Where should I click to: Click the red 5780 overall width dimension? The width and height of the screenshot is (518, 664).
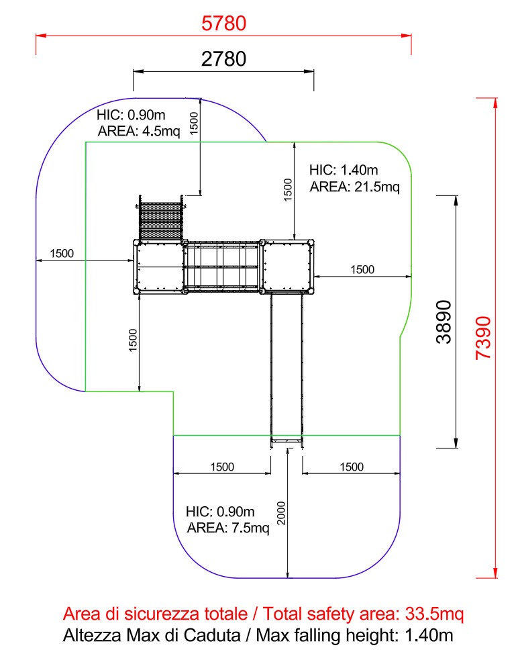[224, 23]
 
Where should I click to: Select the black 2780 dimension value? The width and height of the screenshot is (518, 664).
[224, 59]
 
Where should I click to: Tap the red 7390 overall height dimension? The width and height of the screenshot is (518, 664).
[484, 338]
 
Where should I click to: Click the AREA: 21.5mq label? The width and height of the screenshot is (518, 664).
[354, 186]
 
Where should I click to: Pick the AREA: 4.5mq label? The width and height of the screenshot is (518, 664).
[139, 131]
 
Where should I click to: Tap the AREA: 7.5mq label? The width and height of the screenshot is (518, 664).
[228, 528]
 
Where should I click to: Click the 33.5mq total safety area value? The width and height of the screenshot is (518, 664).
[432, 614]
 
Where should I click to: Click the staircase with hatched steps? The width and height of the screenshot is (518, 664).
[160, 220]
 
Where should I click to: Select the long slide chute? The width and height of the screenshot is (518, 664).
[287, 366]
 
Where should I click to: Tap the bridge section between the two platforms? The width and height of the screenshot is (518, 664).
[221, 267]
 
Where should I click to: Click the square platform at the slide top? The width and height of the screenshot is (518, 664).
[287, 267]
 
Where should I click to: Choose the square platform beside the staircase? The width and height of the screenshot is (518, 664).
[159, 267]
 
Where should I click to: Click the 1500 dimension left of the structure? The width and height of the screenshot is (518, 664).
[62, 254]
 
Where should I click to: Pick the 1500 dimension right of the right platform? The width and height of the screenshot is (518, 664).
[362, 269]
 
